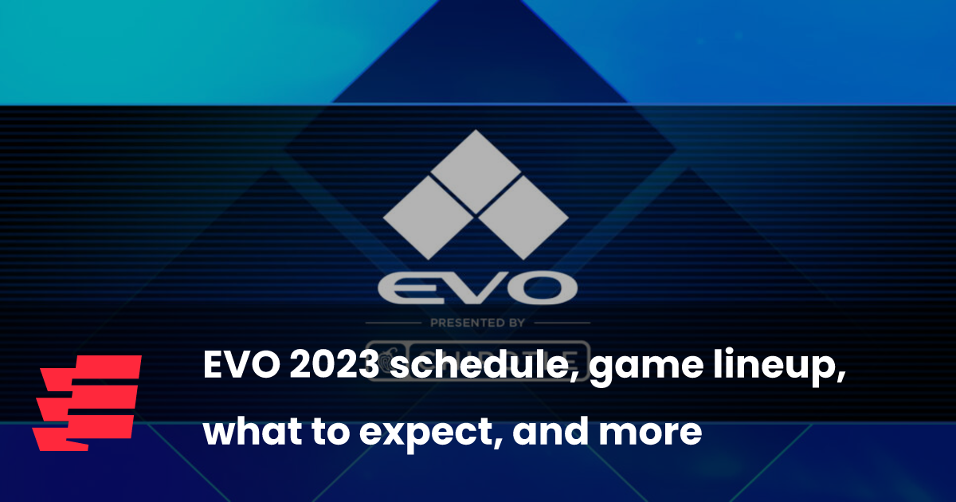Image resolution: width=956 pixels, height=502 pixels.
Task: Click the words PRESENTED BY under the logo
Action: click(476, 323)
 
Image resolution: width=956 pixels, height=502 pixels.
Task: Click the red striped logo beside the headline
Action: click(87, 402)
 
